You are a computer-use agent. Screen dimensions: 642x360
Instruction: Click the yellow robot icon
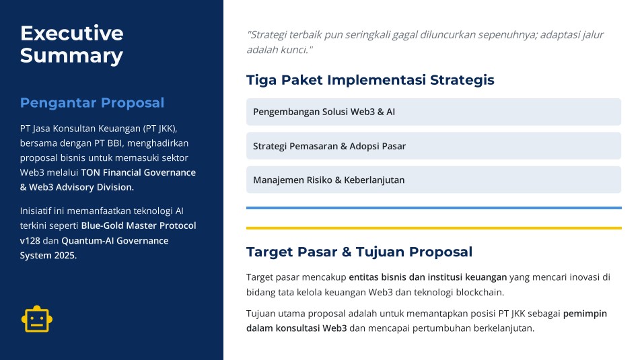(x=37, y=319)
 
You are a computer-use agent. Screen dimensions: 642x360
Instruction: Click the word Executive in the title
(x=71, y=33)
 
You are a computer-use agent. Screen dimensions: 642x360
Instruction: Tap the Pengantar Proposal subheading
(x=92, y=103)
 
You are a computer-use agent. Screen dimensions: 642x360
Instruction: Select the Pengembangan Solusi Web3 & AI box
(x=433, y=112)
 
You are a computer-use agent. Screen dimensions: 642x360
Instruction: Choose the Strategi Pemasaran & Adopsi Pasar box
(x=433, y=146)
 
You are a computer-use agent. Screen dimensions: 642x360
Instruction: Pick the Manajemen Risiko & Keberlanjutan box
(x=433, y=180)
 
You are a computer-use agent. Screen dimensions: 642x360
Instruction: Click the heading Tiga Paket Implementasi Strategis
(x=370, y=80)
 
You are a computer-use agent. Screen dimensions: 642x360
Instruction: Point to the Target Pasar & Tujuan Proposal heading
(x=359, y=252)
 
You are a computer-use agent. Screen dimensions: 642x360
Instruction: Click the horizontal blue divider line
(x=433, y=208)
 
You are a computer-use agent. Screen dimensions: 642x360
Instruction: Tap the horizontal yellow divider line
(x=433, y=228)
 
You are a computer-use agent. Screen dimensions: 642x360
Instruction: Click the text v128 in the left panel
(x=30, y=241)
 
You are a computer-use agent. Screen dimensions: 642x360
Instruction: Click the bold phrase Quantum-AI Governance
(x=115, y=241)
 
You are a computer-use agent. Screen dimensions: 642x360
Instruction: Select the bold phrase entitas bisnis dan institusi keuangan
(x=428, y=277)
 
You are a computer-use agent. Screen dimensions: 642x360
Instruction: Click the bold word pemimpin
(x=585, y=314)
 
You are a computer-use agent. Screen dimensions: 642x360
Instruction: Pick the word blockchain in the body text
(x=480, y=293)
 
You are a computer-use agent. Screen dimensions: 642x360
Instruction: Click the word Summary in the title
(x=71, y=56)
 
